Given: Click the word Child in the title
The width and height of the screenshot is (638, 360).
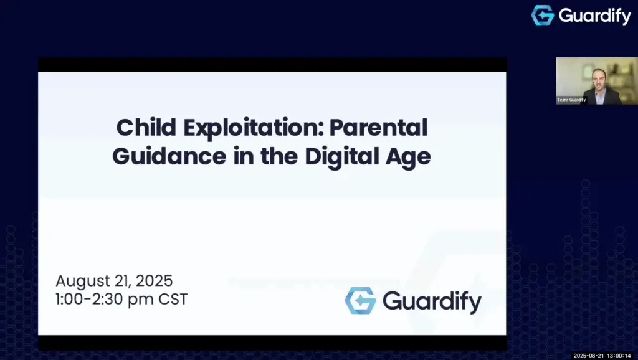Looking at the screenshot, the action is (x=146, y=128).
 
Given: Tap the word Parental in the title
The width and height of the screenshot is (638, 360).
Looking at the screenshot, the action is (x=378, y=128).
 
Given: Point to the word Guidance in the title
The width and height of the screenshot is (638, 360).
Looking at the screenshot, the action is (x=169, y=156).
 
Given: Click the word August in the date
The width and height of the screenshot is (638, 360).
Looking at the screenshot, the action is (x=83, y=282).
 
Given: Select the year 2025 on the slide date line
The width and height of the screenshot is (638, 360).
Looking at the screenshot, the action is (x=154, y=281).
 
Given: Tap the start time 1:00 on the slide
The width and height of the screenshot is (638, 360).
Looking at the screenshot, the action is (x=69, y=300).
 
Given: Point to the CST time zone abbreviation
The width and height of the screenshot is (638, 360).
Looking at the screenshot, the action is (x=173, y=300).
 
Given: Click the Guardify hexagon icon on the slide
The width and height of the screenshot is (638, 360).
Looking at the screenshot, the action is (x=360, y=301).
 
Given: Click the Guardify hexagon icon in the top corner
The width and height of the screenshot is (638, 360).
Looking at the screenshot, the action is (x=543, y=16).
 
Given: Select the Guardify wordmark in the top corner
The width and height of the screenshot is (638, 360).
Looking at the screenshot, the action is (x=594, y=16).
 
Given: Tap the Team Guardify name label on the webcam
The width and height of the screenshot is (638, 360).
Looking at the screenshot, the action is (x=571, y=100).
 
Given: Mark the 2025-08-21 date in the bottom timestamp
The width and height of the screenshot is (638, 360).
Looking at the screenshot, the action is (x=589, y=356).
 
